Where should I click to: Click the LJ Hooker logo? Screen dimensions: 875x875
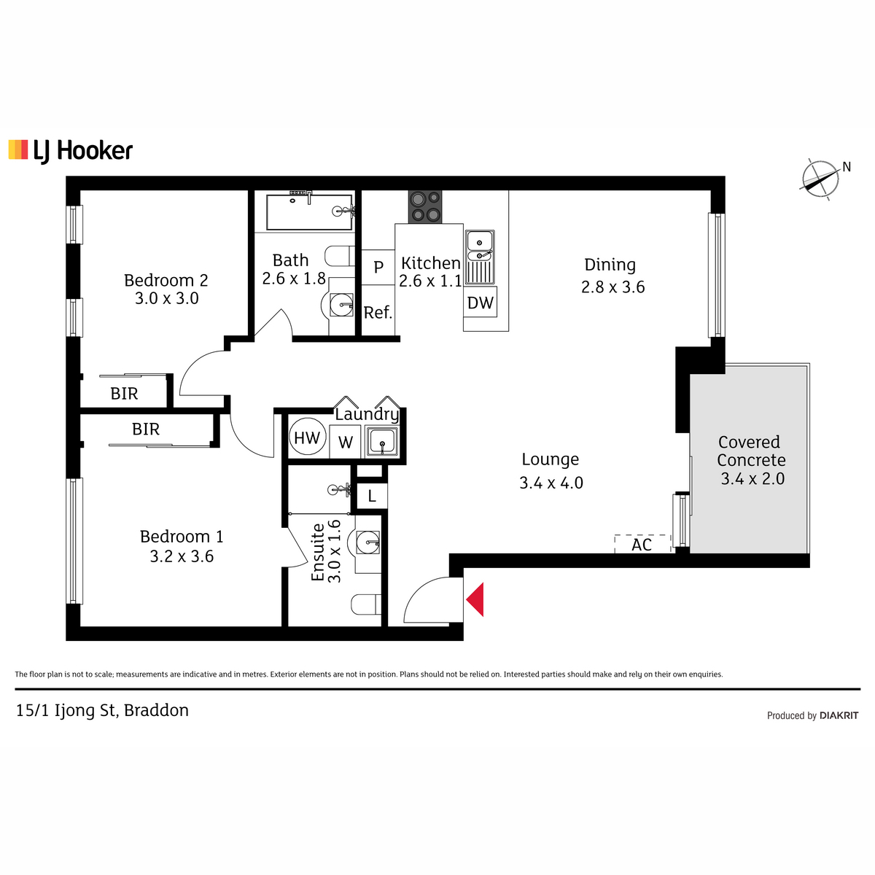tap(71, 150)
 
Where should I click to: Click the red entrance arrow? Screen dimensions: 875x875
tap(475, 599)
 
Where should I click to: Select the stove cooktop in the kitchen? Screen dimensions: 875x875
tap(424, 206)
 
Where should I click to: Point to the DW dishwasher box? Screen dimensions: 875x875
tap(480, 303)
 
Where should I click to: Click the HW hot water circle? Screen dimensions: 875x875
tap(308, 437)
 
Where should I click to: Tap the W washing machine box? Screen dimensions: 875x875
tap(345, 441)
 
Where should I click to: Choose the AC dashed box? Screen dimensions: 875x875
tap(642, 544)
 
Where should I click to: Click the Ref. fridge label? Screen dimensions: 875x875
tap(378, 312)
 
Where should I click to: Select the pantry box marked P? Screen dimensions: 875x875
tap(378, 267)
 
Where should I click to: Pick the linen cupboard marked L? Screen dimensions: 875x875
tap(372, 496)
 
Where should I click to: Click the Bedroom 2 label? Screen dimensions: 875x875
tap(166, 280)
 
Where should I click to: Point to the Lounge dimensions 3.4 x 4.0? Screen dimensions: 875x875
tap(551, 483)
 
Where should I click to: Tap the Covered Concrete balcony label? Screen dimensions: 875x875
tap(751, 451)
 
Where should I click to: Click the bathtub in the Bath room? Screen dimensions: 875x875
tap(309, 212)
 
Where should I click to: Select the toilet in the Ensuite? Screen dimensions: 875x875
tap(366, 604)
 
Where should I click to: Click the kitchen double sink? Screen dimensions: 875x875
tap(480, 257)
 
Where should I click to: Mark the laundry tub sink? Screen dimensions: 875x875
tap(382, 441)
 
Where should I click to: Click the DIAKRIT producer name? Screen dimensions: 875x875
tap(839, 715)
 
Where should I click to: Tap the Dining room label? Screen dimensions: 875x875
tap(610, 265)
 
